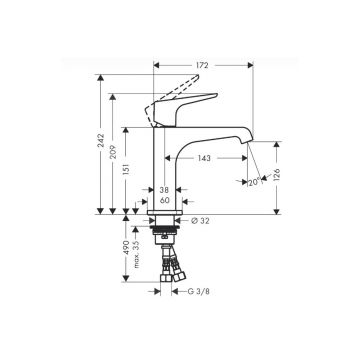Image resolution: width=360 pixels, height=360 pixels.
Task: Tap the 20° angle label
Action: [x=253, y=181]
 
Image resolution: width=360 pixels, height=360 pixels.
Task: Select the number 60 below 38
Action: [x=165, y=199]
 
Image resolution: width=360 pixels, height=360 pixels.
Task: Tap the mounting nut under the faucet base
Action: [x=165, y=232]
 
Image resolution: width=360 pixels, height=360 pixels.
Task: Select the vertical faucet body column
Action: [x=165, y=160]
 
